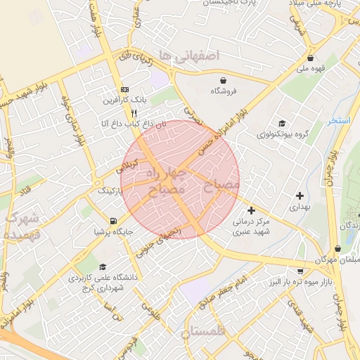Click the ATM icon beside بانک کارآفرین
(125, 89)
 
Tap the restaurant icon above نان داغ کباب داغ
(134, 112)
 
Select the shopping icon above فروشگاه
(223, 80)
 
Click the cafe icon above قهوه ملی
(310, 58)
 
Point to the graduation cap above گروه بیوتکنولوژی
(281, 123)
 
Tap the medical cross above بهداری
(300, 195)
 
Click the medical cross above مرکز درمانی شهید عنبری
(251, 210)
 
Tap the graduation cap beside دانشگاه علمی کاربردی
(103, 267)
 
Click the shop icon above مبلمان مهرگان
(338, 248)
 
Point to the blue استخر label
(339, 121)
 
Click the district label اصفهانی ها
(189, 54)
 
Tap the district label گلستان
(206, 332)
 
